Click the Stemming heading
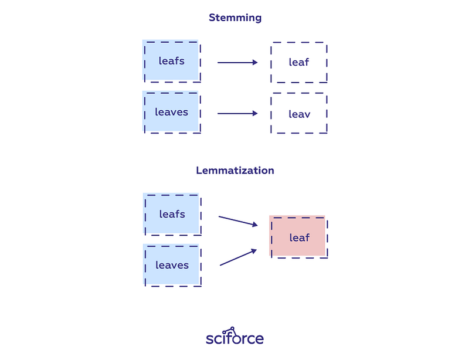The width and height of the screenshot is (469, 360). coord(235,18)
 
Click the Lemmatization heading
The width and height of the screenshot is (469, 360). coord(235,171)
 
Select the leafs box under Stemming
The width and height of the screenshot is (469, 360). coord(171,61)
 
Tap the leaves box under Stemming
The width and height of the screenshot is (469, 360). coord(171,112)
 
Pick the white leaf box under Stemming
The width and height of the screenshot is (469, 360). coord(299,62)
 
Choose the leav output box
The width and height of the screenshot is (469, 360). coord(299,113)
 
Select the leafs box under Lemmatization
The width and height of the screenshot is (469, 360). coord(172,214)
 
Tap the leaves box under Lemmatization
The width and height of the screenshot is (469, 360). coord(172,265)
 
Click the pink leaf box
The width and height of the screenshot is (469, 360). coord(298,237)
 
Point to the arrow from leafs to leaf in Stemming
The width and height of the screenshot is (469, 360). coord(237,62)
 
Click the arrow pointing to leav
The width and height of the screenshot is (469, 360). coord(237,113)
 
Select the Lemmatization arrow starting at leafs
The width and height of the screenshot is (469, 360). coord(238,221)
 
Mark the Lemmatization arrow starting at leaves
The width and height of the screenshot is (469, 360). coord(239,257)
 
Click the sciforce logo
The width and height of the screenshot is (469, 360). coord(235,336)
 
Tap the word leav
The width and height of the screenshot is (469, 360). coord(300,114)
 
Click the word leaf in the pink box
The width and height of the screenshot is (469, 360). coord(300,237)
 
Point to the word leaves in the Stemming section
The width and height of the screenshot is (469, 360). coord(171,112)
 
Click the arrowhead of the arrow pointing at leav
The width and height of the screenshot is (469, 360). coord(255,113)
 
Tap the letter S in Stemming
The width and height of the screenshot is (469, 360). coord(212,18)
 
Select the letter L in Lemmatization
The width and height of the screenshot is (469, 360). coord(199,171)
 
